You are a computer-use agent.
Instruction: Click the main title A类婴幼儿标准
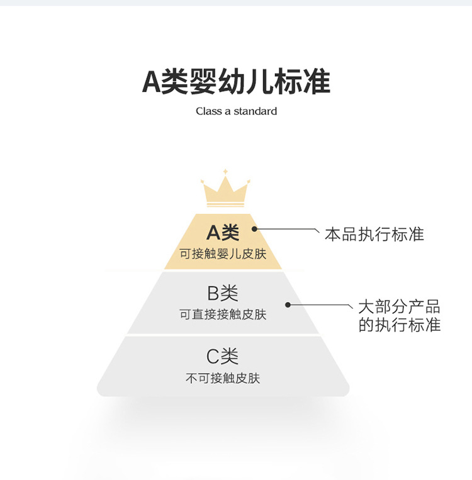pyautogui.click(x=236, y=82)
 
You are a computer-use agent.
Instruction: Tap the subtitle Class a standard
pyautogui.click(x=236, y=111)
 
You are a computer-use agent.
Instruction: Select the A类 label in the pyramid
pyautogui.click(x=223, y=233)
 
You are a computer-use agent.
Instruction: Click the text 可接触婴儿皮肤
pyautogui.click(x=223, y=255)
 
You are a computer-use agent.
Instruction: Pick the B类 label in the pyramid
pyautogui.click(x=223, y=293)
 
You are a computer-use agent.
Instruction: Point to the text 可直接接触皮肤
pyautogui.click(x=223, y=315)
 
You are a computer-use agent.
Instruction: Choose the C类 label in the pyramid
pyautogui.click(x=223, y=357)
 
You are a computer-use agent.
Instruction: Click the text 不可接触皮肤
pyautogui.click(x=223, y=379)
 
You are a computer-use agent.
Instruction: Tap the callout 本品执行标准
pyautogui.click(x=374, y=235)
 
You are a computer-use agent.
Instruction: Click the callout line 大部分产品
pyautogui.click(x=399, y=308)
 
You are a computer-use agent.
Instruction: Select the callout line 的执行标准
pyautogui.click(x=399, y=325)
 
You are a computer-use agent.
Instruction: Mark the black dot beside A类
pyautogui.click(x=255, y=230)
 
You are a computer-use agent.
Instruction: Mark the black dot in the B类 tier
pyautogui.click(x=288, y=304)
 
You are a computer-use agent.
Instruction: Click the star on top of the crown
pyautogui.click(x=225, y=171)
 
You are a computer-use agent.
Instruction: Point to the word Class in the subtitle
pyautogui.click(x=208, y=111)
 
